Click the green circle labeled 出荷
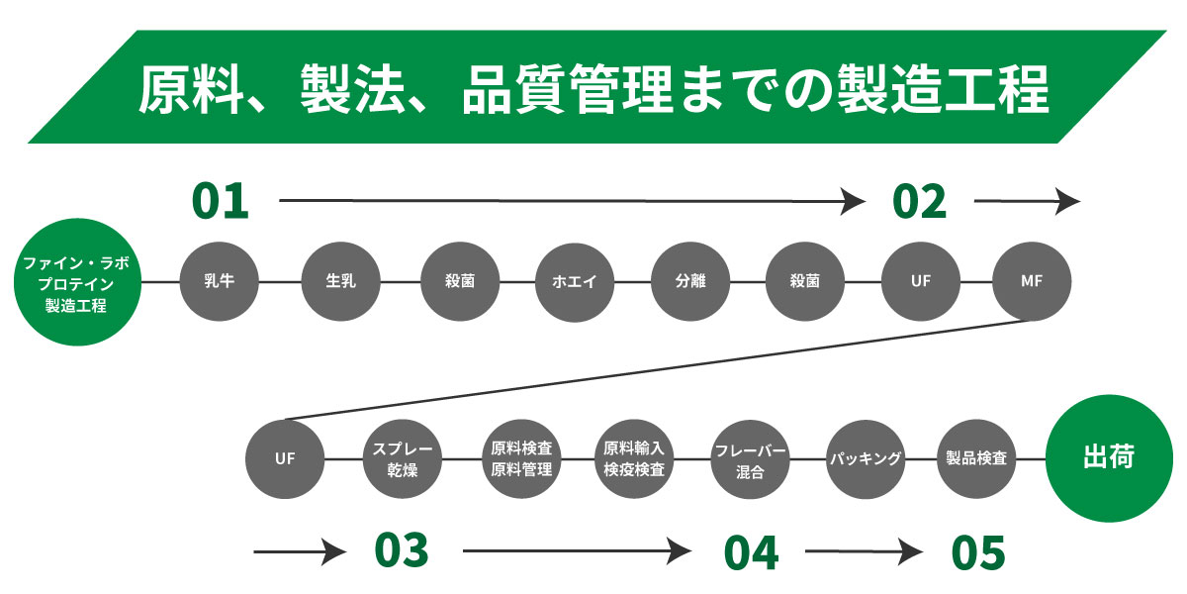click(x=1108, y=459)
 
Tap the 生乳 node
click(x=340, y=281)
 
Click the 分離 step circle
click(x=690, y=281)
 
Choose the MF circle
click(x=1031, y=281)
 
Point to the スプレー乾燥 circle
click(x=403, y=459)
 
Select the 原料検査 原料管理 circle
click(x=520, y=459)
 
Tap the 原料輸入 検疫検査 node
click(x=634, y=459)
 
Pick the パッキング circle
click(x=866, y=459)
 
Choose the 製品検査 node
click(x=976, y=459)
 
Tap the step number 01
click(x=220, y=201)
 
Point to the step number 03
click(x=401, y=550)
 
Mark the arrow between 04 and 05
click(x=866, y=551)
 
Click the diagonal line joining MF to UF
click(x=658, y=369)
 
